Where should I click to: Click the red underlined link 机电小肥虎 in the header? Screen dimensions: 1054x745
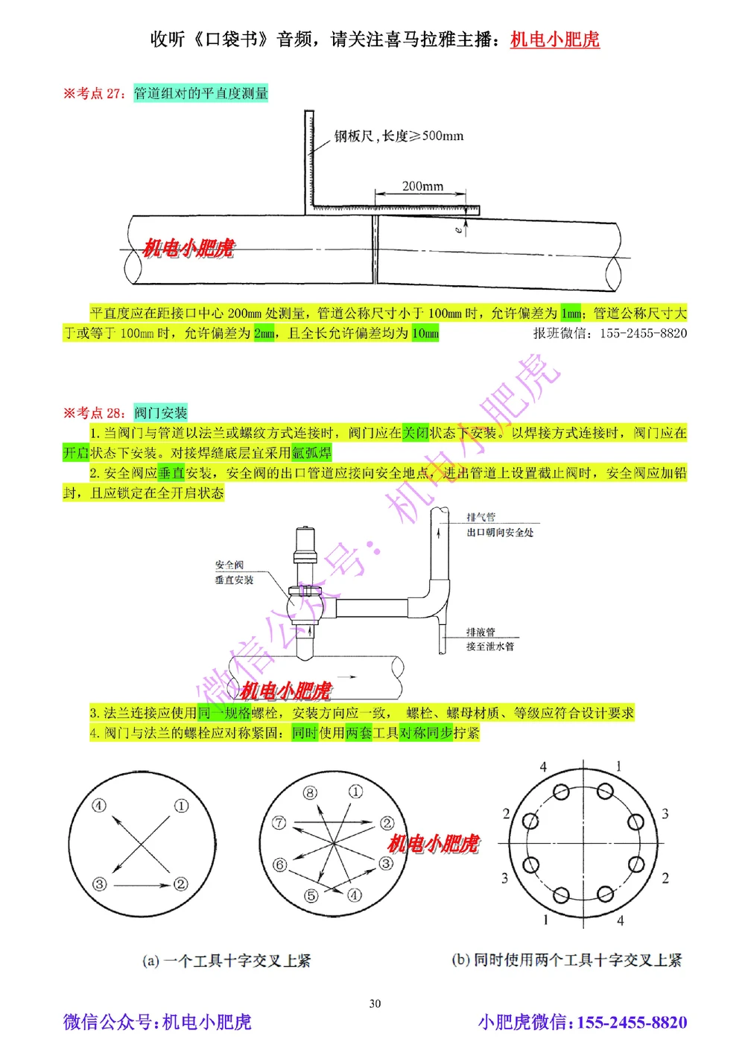point(554,39)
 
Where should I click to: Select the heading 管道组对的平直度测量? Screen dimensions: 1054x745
point(200,93)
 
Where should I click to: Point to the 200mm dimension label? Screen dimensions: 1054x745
point(422,186)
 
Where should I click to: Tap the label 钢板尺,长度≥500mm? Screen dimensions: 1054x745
point(399,136)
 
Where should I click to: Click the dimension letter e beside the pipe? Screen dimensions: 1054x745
point(458,230)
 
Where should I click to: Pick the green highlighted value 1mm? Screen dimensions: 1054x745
point(571,314)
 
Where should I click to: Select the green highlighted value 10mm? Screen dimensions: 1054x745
point(425,334)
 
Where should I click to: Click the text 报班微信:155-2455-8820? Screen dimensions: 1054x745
point(609,334)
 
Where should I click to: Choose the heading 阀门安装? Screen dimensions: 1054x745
point(160,413)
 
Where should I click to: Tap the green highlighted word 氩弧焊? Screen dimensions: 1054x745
point(311,453)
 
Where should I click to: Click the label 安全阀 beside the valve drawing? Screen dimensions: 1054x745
point(229,565)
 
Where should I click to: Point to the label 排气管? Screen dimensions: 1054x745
point(481,517)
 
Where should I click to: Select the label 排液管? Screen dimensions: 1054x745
point(481,632)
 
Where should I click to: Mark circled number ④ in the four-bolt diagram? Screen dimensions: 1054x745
point(99,805)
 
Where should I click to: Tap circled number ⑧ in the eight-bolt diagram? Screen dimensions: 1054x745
point(310,793)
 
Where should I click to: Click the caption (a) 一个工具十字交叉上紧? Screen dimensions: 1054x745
point(226,961)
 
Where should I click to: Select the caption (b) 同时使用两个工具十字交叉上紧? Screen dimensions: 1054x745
point(566,960)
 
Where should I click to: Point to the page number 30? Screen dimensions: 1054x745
point(375,1003)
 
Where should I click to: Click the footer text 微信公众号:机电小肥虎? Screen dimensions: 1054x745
point(157,1022)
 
